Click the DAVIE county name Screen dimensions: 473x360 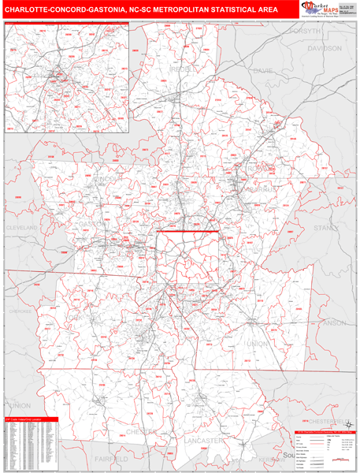[263, 71]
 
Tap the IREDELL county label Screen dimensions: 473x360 [184, 69]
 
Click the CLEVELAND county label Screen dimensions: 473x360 [23, 227]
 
